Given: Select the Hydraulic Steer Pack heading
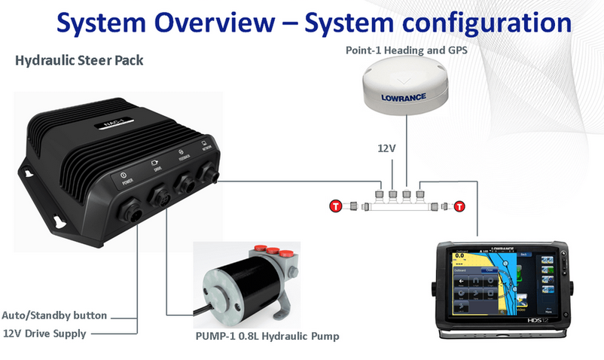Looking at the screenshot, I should coord(79,59).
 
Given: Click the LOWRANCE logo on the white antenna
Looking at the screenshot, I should coord(403,97).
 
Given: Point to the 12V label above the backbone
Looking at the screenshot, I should coord(386,148).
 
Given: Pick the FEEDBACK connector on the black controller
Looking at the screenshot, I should coord(188,185).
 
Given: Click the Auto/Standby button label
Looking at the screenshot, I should coord(54,316).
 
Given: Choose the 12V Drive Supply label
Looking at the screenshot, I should coord(44,333).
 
